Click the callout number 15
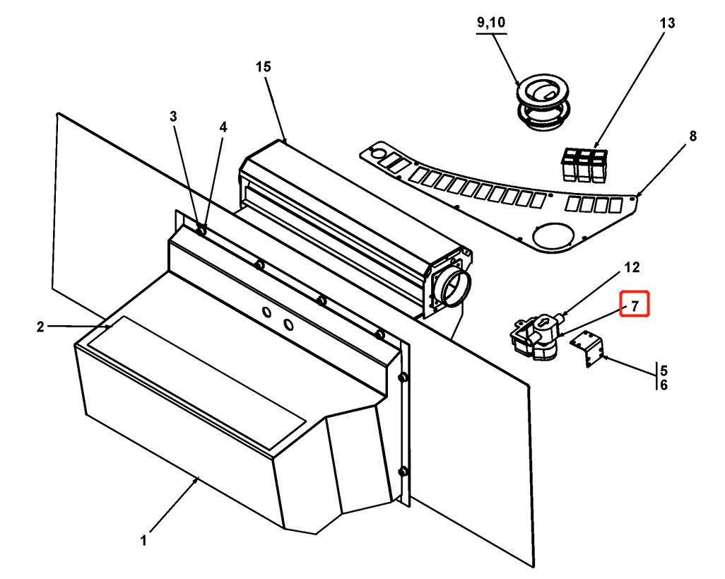pyautogui.click(x=263, y=67)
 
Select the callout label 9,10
pyautogui.click(x=491, y=22)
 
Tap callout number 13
pyautogui.click(x=667, y=23)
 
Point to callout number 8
pyautogui.click(x=692, y=136)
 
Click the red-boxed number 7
pyautogui.click(x=635, y=305)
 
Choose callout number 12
pyautogui.click(x=632, y=267)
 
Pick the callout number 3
pyautogui.click(x=173, y=117)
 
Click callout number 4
pyautogui.click(x=223, y=127)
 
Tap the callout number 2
pyautogui.click(x=41, y=327)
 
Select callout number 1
pyautogui.click(x=143, y=540)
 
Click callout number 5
pyautogui.click(x=664, y=370)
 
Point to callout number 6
pyautogui.click(x=664, y=385)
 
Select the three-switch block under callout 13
pyautogui.click(x=584, y=165)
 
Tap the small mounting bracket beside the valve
pyautogui.click(x=587, y=349)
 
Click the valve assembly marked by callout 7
pyautogui.click(x=536, y=335)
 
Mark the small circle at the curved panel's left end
pyautogui.click(x=378, y=153)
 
